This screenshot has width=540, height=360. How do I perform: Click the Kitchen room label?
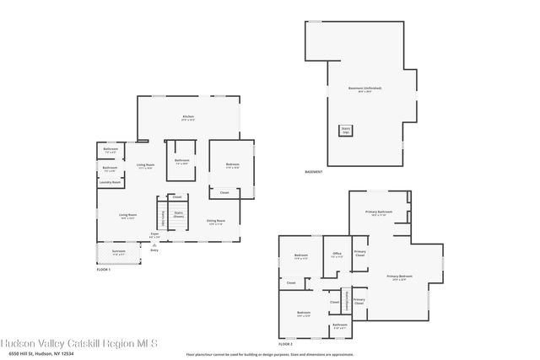pyautogui.click(x=188, y=117)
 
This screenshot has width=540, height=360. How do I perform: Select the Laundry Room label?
pyautogui.click(x=110, y=182)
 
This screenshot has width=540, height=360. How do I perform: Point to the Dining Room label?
pyautogui.click(x=215, y=222)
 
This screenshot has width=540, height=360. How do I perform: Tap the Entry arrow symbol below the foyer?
pyautogui.click(x=154, y=245)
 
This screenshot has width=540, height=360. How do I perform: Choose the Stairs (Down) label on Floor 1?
pyautogui.click(x=178, y=214)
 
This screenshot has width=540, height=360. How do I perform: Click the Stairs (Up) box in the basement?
pyautogui.click(x=346, y=130)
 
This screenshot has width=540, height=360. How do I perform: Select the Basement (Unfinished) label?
pyautogui.click(x=364, y=89)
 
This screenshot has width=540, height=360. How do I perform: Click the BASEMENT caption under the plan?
pyautogui.click(x=314, y=172)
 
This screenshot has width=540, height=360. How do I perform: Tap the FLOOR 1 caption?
pyautogui.click(x=104, y=268)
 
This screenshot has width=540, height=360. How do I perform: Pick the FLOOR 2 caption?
pyautogui.click(x=285, y=344)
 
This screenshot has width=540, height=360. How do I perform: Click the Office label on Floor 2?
pyautogui.click(x=336, y=254)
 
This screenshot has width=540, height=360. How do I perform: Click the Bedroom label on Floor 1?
pyautogui.click(x=232, y=165)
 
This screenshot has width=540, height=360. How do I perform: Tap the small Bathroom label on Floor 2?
pyautogui.click(x=339, y=325)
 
